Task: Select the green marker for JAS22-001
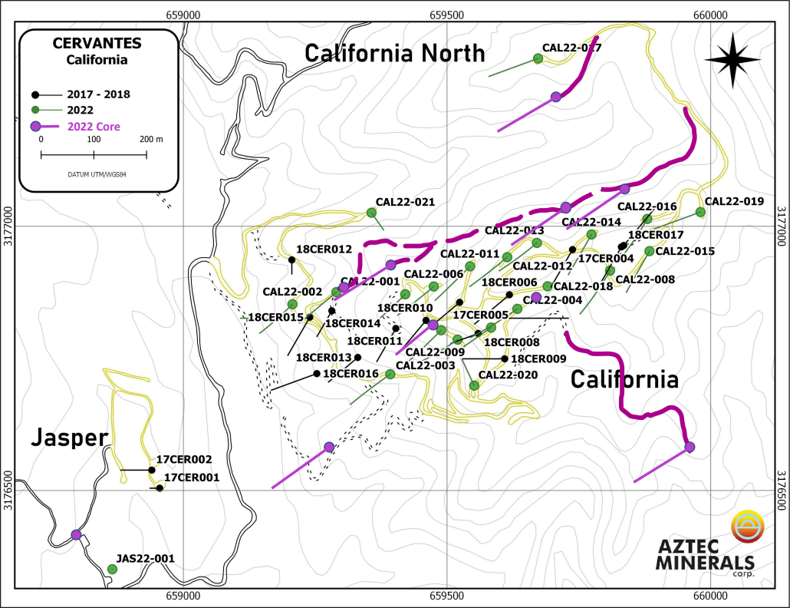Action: point(112,569)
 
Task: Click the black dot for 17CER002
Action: point(152,470)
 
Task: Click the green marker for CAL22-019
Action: point(700,212)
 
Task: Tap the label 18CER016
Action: point(351,374)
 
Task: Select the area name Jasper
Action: point(68,438)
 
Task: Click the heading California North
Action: point(395,53)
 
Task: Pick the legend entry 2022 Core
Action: point(94,127)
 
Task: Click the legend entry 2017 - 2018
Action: point(99,94)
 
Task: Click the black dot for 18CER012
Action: point(291,259)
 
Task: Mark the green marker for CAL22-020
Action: point(474,385)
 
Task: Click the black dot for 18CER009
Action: point(504,359)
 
